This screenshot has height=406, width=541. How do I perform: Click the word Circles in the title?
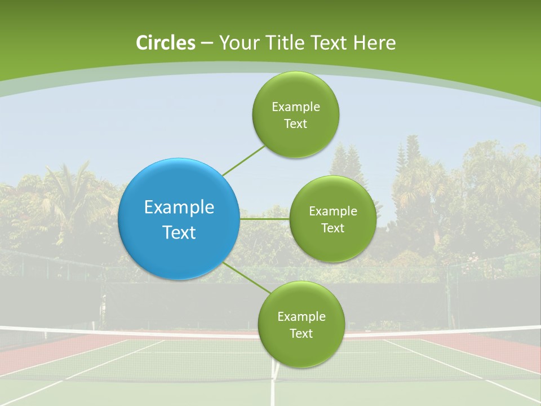point(165,43)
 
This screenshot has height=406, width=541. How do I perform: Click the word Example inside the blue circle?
point(179,208)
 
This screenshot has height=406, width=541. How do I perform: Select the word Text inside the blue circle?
point(179,232)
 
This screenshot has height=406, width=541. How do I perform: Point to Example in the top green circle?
point(295,107)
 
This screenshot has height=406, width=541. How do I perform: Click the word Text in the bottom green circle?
point(301,333)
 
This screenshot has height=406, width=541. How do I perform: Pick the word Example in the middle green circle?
point(332,211)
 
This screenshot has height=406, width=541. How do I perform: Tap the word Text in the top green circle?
point(295,124)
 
